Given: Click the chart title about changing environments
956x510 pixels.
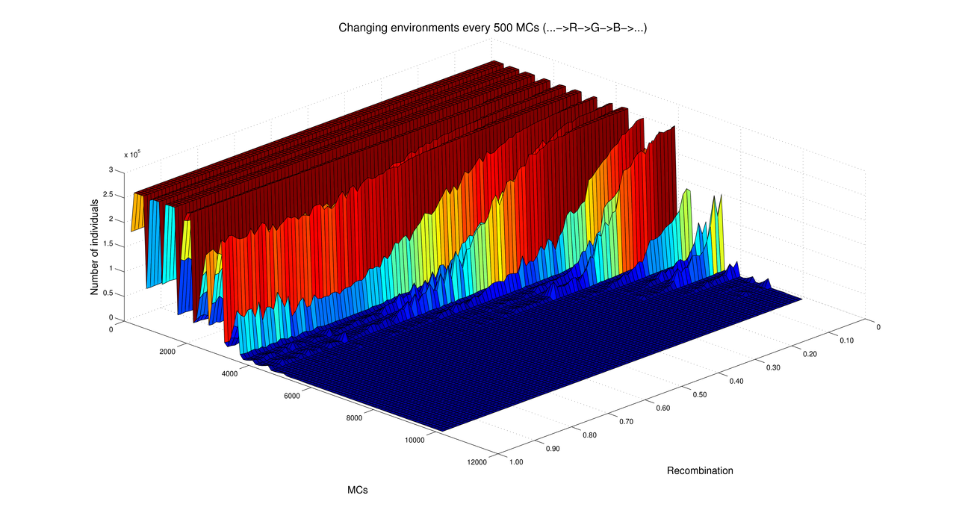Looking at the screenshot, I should pos(492,28).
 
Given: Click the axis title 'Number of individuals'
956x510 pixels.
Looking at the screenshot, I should pos(95,246).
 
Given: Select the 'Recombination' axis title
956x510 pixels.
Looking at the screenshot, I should pos(700,470).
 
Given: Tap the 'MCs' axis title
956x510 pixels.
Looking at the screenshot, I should pos(357,490).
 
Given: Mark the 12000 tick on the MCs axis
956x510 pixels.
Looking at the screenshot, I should pos(477,461).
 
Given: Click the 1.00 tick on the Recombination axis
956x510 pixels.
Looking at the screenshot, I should pos(515,461).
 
